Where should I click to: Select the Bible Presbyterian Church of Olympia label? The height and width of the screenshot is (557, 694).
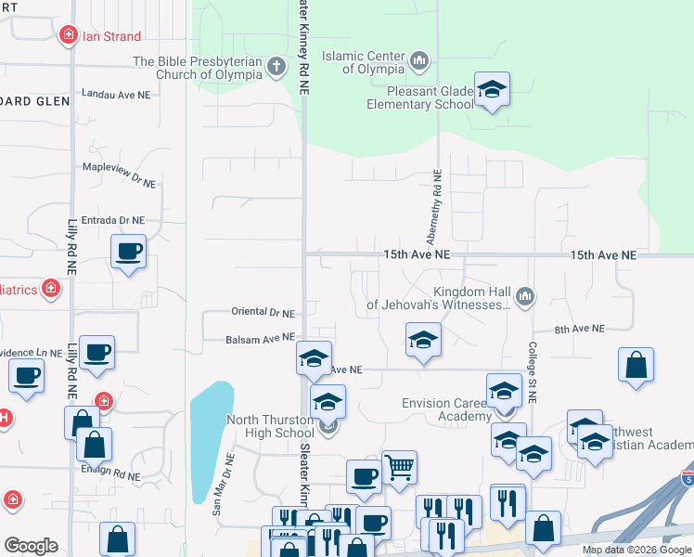click(199, 69)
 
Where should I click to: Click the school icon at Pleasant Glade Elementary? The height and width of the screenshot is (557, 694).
click(492, 90)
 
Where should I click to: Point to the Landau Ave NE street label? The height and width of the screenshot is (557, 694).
click(116, 94)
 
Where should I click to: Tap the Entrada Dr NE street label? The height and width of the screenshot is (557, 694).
click(113, 221)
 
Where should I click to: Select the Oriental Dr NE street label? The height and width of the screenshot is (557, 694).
click(262, 314)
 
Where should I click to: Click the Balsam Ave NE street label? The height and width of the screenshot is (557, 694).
click(260, 340)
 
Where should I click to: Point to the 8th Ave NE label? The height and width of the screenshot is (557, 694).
click(579, 329)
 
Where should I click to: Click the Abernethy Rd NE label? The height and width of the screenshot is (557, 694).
click(435, 209)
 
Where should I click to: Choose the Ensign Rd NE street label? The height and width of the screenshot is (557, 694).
click(109, 476)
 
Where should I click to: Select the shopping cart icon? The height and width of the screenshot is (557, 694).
click(399, 467)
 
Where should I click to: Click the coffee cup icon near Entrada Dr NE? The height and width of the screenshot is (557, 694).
click(128, 250)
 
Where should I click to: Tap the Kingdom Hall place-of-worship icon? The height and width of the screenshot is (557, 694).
click(525, 297)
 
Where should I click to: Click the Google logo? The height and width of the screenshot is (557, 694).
click(31, 546)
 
